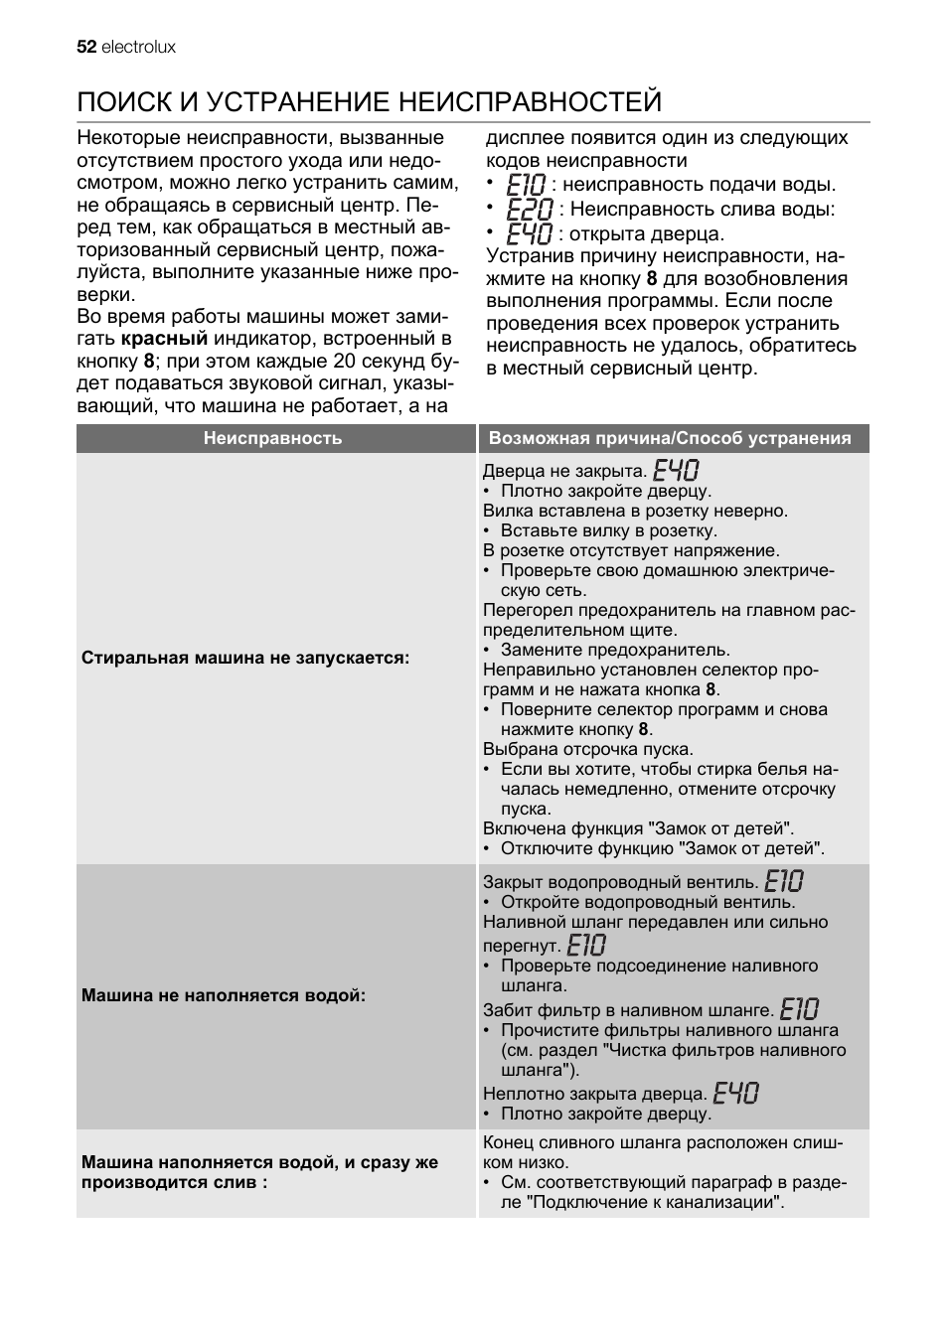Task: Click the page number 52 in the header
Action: pos(86,47)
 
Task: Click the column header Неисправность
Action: pos(272,438)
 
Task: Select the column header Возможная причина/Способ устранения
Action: pos(670,438)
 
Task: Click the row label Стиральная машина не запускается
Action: pos(245,658)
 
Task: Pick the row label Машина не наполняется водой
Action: pos(224,995)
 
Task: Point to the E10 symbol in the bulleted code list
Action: pos(526,185)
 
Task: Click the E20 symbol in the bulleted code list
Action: pos(529,210)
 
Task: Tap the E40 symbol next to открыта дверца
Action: pos(529,234)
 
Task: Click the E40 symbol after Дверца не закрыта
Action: pos(676,470)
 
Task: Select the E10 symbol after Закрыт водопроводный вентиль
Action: pos(784,881)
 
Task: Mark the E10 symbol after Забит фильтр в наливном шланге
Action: pos(799,1009)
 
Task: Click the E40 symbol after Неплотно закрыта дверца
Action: pos(736,1093)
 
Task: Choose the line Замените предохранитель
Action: pos(614,650)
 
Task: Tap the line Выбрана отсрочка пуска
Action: pos(588,749)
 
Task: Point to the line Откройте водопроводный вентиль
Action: pos(647,902)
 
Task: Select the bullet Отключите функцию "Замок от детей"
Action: pos(662,848)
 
